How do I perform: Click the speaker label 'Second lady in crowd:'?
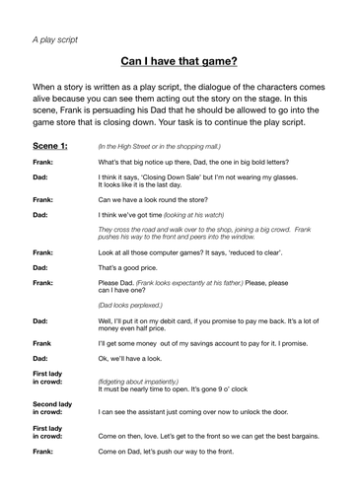pos(51,408)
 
